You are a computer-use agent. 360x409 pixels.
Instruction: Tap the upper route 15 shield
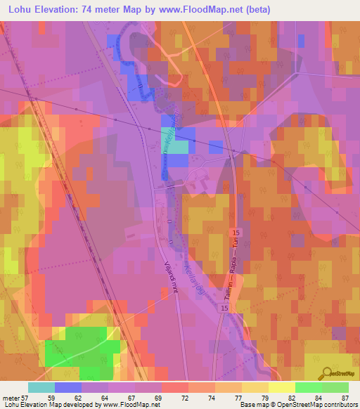pos(236,232)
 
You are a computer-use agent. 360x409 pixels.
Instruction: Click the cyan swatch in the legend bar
pos(41,387)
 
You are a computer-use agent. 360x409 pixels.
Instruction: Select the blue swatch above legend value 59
pos(68,387)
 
